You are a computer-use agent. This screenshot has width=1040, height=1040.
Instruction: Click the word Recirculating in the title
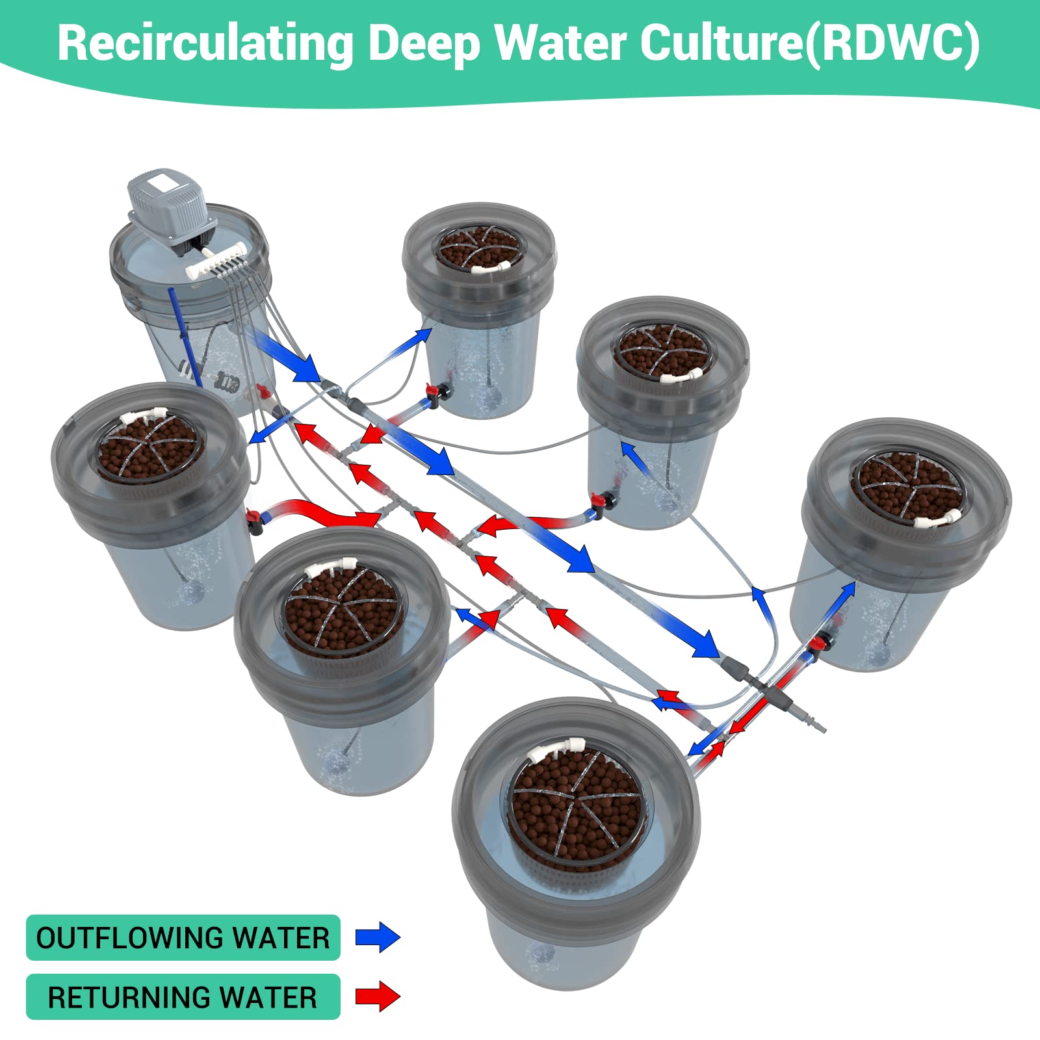tap(205, 44)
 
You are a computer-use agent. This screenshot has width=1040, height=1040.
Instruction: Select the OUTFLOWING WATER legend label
tap(183, 938)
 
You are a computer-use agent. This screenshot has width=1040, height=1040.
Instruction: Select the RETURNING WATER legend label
tap(183, 997)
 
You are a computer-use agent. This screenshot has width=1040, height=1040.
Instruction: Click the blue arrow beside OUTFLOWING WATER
tap(378, 938)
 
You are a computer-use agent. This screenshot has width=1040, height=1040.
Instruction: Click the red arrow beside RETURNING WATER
tap(378, 996)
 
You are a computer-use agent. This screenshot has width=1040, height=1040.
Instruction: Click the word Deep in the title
tap(425, 44)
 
